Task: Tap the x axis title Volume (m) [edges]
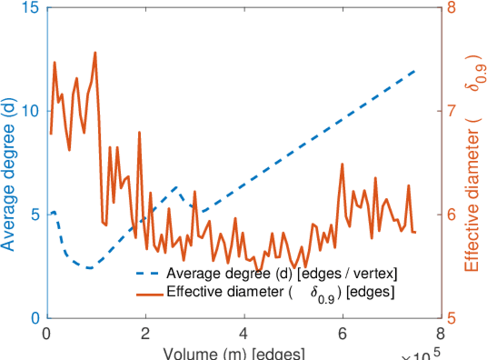[x=235, y=353]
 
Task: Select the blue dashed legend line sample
[x=149, y=275]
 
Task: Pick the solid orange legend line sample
[x=149, y=293]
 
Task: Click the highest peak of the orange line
[x=95, y=53]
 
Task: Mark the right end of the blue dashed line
[x=415, y=70]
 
